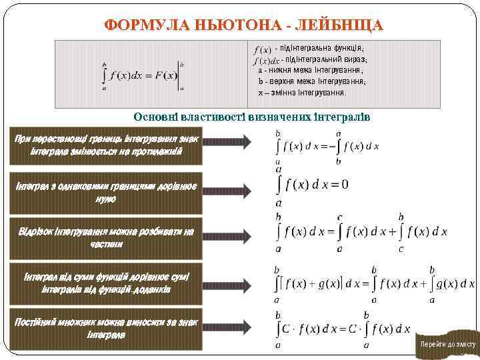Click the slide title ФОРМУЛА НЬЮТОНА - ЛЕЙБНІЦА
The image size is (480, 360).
(x=243, y=25)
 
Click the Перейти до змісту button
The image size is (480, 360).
(x=447, y=344)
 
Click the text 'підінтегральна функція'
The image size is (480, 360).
(x=319, y=48)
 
